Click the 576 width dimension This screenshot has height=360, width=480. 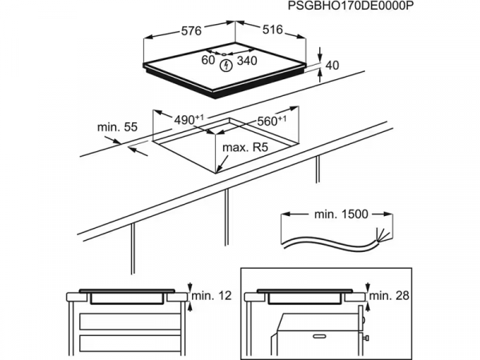[x=190, y=32]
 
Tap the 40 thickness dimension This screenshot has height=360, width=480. [x=333, y=65]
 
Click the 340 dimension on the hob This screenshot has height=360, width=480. [x=248, y=60]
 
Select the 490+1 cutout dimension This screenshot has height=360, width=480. [x=189, y=119]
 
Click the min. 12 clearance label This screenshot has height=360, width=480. [x=211, y=297]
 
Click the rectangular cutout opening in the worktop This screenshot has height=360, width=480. [x=216, y=144]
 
